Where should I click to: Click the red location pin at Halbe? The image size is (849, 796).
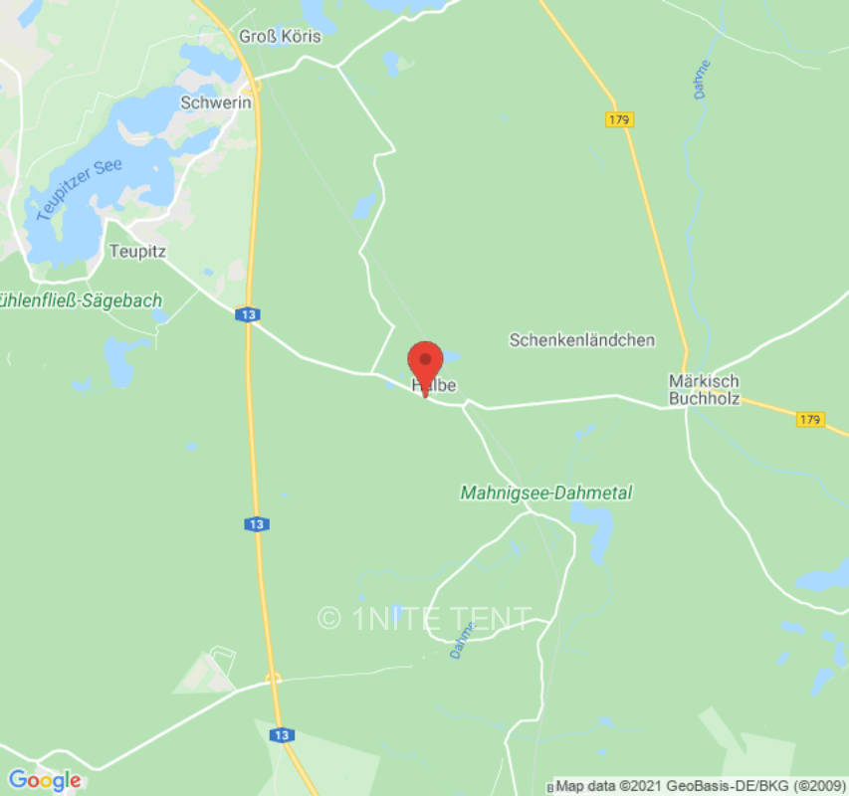(426, 360)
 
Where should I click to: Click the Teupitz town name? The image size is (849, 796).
(136, 251)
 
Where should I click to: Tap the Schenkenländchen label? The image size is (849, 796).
(582, 339)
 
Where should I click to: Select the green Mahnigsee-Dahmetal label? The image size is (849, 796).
(546, 493)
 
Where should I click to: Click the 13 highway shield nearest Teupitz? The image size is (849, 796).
(248, 314)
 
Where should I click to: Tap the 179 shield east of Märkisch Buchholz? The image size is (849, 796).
(810, 420)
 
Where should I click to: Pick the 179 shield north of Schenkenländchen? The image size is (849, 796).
(619, 119)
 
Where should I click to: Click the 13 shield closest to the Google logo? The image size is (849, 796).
(282, 734)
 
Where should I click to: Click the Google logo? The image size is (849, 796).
(44, 780)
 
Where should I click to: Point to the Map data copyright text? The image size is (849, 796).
(700, 786)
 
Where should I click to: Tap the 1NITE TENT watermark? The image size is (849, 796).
(425, 618)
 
